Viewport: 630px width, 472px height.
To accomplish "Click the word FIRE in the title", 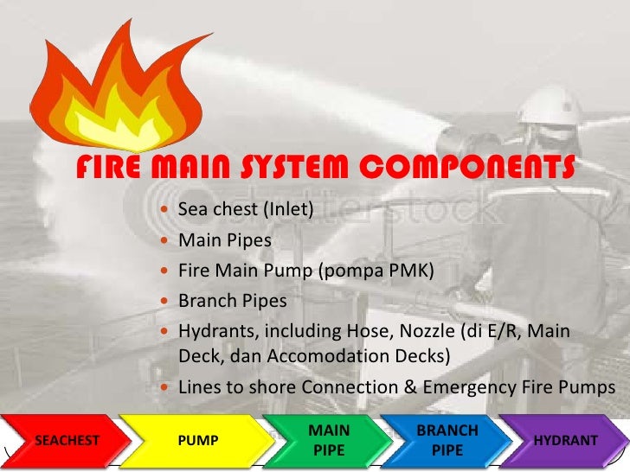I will (111, 168).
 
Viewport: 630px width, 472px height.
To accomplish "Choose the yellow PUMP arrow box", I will (197, 441).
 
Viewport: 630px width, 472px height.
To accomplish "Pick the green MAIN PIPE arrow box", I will (329, 441).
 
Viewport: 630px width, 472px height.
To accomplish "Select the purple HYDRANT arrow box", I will (565, 441).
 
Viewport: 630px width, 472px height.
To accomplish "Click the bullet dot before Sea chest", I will (166, 210).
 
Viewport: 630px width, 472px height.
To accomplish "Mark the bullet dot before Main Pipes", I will (166, 241).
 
